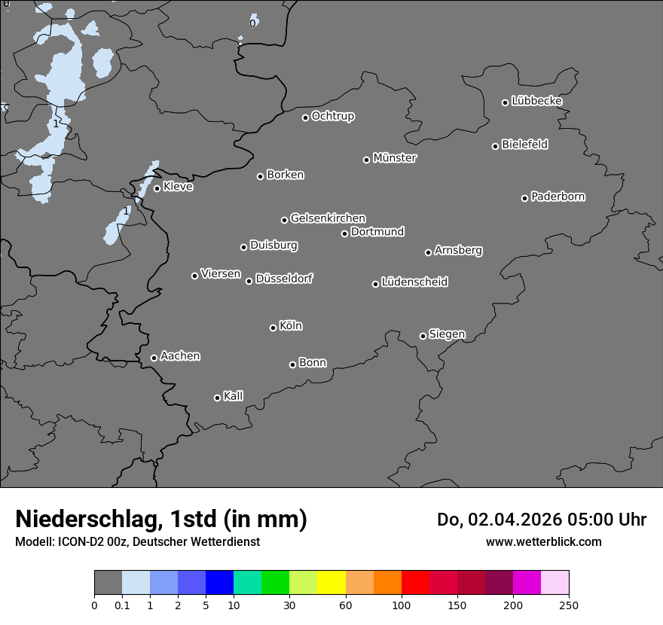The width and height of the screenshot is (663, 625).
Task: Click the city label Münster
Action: click(395, 158)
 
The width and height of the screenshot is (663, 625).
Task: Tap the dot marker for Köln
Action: click(273, 328)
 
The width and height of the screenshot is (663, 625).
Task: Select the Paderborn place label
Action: click(558, 197)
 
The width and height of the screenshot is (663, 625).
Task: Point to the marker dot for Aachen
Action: click(154, 358)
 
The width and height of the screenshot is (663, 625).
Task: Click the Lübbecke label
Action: click(537, 101)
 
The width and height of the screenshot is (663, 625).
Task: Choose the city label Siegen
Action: click(447, 334)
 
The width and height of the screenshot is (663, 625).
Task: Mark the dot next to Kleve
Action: click(157, 188)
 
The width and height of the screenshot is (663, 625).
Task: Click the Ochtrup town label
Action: click(333, 116)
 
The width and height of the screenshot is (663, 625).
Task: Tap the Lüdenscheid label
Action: click(414, 282)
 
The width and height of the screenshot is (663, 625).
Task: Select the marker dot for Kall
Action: click(217, 398)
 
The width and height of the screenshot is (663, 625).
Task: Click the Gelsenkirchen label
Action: click(328, 218)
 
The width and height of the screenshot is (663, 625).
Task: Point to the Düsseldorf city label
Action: click(284, 279)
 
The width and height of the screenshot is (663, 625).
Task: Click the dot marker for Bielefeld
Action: click(495, 146)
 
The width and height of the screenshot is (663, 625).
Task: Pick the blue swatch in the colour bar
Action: click(219, 583)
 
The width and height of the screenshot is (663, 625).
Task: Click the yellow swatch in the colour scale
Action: click(331, 583)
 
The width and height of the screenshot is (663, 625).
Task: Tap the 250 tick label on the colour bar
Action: click(569, 605)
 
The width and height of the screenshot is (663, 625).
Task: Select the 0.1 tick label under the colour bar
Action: click(122, 605)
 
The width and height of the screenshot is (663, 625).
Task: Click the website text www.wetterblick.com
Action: click(543, 541)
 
